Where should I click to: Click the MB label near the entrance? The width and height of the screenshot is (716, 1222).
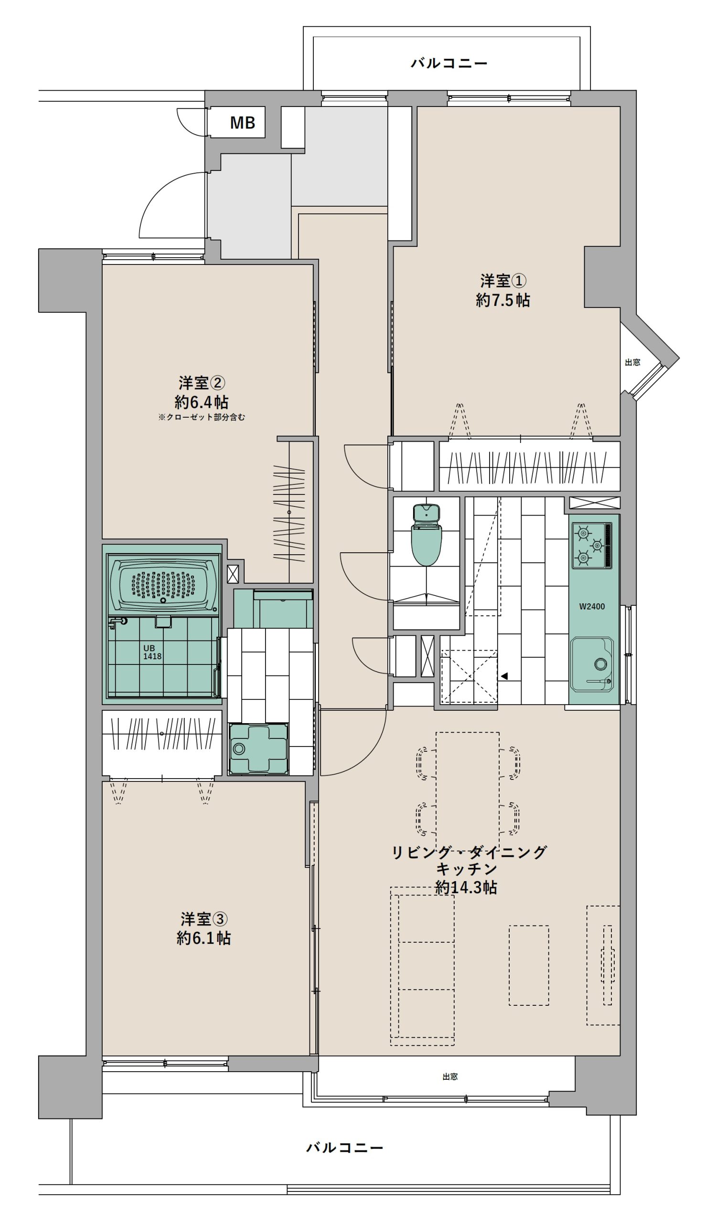tap(242, 123)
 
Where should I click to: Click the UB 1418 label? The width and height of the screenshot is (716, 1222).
tap(152, 652)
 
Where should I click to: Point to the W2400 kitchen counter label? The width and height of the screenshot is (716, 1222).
tap(592, 606)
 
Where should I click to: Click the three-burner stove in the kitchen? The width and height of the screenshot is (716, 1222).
tap(591, 546)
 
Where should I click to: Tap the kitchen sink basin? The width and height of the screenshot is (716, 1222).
tap(592, 664)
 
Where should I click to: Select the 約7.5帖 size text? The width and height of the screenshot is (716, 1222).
tap(502, 300)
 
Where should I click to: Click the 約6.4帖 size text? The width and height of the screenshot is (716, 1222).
tap(201, 402)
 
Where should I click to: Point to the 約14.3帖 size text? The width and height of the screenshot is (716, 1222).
tap(466, 887)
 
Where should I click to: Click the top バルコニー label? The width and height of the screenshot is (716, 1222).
tap(449, 63)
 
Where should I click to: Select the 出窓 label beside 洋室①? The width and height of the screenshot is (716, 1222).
tap(632, 362)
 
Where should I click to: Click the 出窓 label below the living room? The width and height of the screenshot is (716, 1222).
tap(449, 1076)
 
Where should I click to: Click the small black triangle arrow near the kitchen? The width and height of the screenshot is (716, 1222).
tap(504, 676)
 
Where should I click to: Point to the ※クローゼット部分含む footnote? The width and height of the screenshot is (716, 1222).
tap(201, 417)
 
